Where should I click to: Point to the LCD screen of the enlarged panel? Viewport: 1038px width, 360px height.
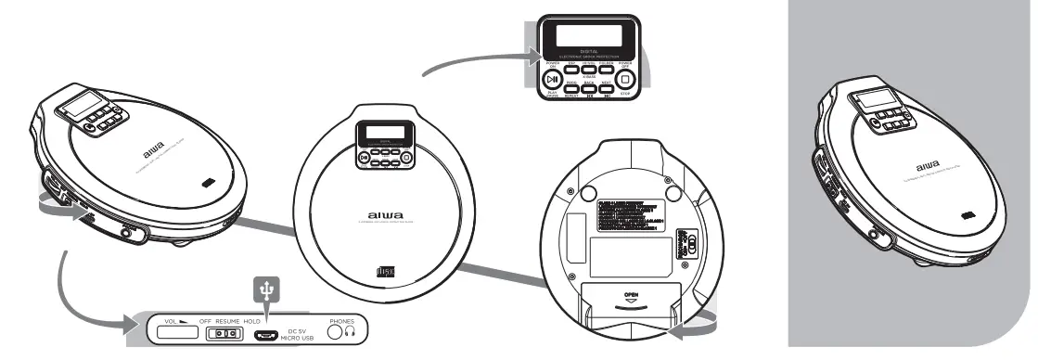point(588,38)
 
